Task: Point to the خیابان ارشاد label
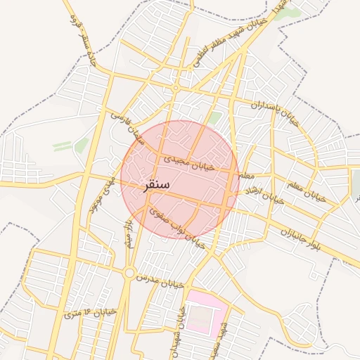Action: click(264, 195)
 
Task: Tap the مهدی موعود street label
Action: click(101, 195)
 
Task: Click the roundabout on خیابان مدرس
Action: click(129, 273)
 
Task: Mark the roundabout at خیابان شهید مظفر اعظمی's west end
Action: click(174, 87)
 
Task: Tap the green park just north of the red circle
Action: click(214, 118)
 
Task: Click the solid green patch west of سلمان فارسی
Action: click(82, 145)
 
